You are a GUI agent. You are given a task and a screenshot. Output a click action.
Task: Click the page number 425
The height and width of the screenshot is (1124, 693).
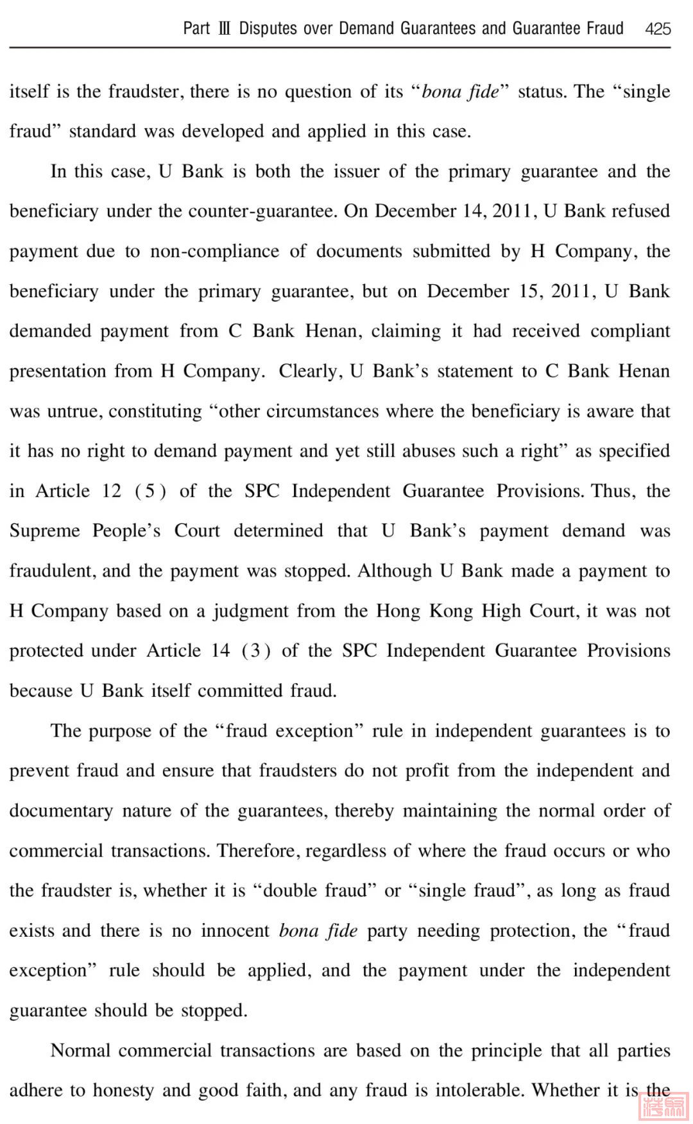click(658, 29)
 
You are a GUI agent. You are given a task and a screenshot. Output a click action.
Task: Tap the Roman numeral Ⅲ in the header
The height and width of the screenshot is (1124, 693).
click(224, 29)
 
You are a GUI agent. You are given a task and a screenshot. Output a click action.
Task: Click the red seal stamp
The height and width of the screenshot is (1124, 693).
click(663, 1105)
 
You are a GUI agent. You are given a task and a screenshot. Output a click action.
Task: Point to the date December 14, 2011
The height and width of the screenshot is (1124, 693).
click(456, 211)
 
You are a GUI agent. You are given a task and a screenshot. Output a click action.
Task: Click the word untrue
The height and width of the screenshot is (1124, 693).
click(74, 411)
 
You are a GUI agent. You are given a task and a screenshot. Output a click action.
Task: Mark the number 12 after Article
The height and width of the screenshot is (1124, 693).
click(111, 491)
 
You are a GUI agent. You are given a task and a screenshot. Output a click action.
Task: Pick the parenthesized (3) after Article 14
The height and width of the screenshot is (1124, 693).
click(255, 651)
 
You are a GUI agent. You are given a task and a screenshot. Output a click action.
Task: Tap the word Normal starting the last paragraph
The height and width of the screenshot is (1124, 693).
click(80, 1051)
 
